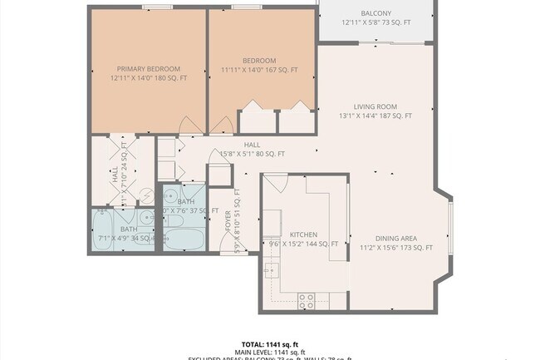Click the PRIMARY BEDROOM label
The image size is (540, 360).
click(149, 69)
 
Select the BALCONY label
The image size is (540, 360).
click(376, 13)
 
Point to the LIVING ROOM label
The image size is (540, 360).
click(375, 106)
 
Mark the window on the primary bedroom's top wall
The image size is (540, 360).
click(151, 7)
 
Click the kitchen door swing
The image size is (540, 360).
click(275, 182)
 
